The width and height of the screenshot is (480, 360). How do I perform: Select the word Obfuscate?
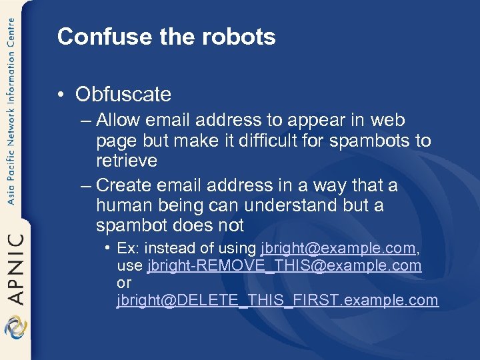[x=123, y=95]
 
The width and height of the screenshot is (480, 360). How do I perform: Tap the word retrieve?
[x=127, y=161]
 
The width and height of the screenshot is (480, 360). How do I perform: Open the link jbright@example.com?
[x=338, y=249]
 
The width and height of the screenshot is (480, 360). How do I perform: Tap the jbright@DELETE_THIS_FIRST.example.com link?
[x=277, y=301]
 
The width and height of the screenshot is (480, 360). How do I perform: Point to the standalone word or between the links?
[x=124, y=283]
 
